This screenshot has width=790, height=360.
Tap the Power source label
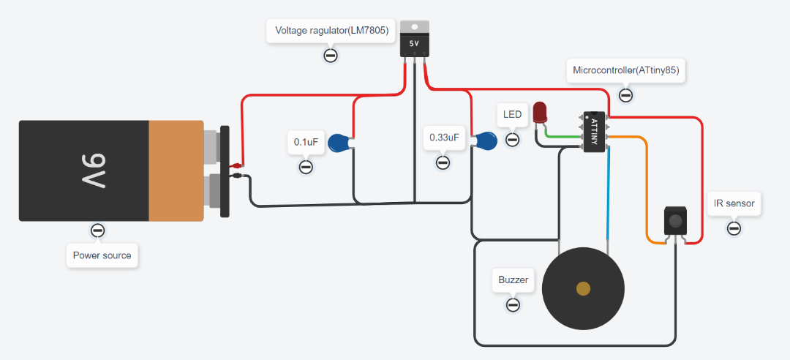click(102, 256)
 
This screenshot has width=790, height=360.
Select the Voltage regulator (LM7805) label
click(331, 31)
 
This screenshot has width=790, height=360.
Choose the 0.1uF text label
click(306, 142)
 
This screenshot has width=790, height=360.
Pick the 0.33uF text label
click(444, 137)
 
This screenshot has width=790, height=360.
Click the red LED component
click(540, 112)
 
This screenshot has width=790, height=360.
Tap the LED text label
click(513, 114)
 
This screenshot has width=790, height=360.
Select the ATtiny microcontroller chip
click(594, 132)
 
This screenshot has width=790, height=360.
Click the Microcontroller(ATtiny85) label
click(626, 70)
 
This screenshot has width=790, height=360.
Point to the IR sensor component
click(675, 220)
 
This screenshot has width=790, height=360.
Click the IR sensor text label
click(734, 203)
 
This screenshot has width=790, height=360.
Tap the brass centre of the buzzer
click(583, 288)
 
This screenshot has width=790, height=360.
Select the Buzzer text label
click(513, 280)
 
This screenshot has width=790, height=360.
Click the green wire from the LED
click(563, 136)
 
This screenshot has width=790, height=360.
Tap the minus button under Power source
click(97, 231)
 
